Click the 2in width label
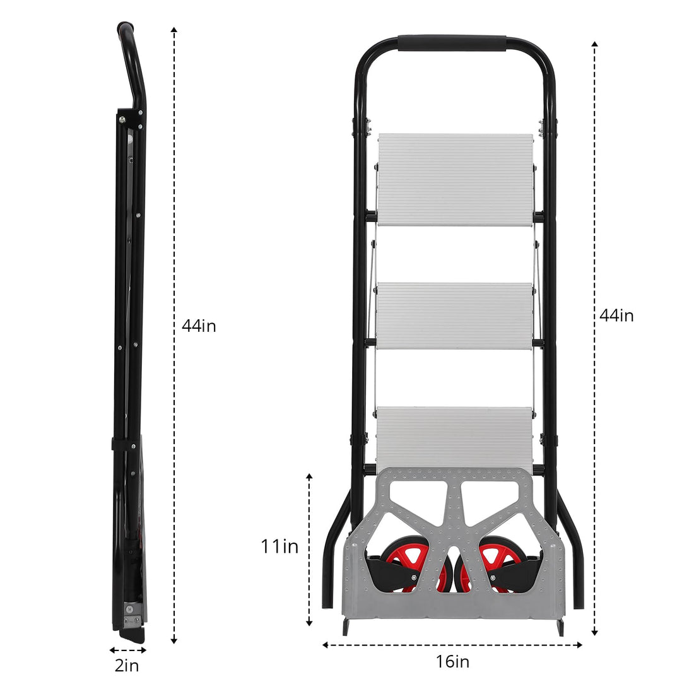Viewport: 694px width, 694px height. tap(127, 666)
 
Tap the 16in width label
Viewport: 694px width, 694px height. tap(452, 662)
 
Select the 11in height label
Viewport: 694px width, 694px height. tap(279, 546)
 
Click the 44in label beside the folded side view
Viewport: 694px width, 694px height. tap(199, 326)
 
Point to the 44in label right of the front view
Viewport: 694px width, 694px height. tap(616, 315)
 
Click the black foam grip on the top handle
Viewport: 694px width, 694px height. tap(452, 43)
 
